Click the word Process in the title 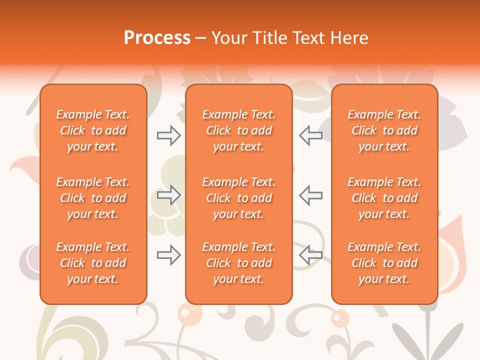[157, 38]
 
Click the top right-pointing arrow [168, 135]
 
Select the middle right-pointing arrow [168, 195]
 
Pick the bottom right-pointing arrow [168, 255]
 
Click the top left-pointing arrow [310, 135]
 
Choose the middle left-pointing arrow [310, 195]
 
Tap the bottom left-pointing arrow [310, 255]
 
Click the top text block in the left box [93, 130]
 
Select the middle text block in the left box [93, 198]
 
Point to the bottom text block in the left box [93, 263]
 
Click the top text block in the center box [238, 130]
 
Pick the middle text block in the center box [238, 198]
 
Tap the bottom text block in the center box [238, 263]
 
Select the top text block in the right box [384, 130]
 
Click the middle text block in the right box [384, 198]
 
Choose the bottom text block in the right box [384, 263]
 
